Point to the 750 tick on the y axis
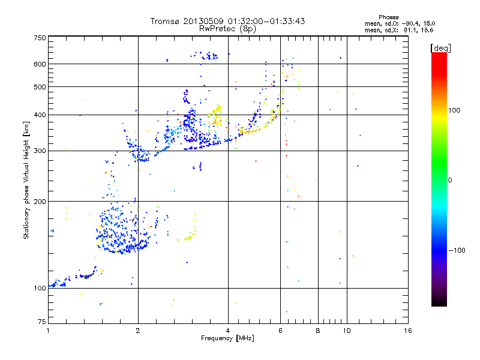[40, 37]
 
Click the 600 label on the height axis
[40, 64]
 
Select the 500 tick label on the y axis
[40, 87]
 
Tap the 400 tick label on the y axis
[40, 115]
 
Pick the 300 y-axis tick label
[40, 151]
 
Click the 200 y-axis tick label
[40, 202]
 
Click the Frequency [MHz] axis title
[228, 339]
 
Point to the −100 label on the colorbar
[458, 250]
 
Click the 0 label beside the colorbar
[452, 180]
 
